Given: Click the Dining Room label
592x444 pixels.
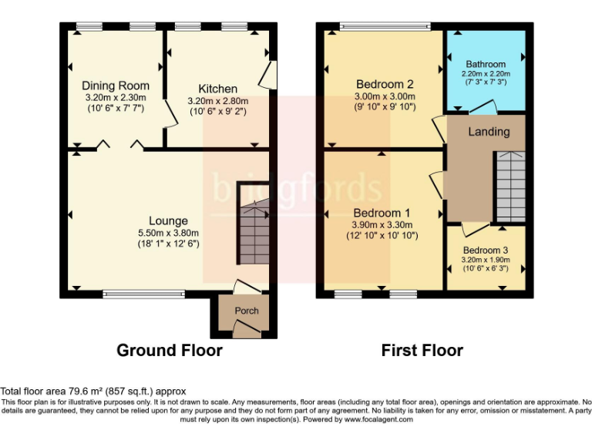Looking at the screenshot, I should [x=116, y=86].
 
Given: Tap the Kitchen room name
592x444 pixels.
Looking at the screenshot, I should [x=217, y=89].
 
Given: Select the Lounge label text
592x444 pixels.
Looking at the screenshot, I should [x=169, y=221].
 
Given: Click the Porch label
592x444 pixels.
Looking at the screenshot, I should [x=247, y=311].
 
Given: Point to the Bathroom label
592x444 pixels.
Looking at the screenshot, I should [x=486, y=64].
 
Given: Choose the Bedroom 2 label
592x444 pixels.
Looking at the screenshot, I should [x=385, y=84].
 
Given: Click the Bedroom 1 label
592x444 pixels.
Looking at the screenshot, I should [x=382, y=212].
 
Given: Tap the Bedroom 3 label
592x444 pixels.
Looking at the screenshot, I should [x=486, y=250].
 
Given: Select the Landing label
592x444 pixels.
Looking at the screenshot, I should [x=489, y=132].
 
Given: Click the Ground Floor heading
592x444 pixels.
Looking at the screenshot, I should [x=169, y=351].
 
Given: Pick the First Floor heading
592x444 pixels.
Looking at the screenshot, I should [x=422, y=351].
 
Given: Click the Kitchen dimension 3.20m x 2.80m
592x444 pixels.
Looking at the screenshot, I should [x=217, y=100].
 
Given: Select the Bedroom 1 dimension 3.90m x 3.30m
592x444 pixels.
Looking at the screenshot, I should [x=382, y=224].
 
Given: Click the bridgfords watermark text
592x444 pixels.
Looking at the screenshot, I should [x=297, y=188].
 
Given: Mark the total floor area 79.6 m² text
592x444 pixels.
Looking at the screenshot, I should [x=93, y=392].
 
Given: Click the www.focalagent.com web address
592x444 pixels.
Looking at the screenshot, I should [x=383, y=420].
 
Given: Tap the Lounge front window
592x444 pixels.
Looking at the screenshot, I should [x=144, y=293].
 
